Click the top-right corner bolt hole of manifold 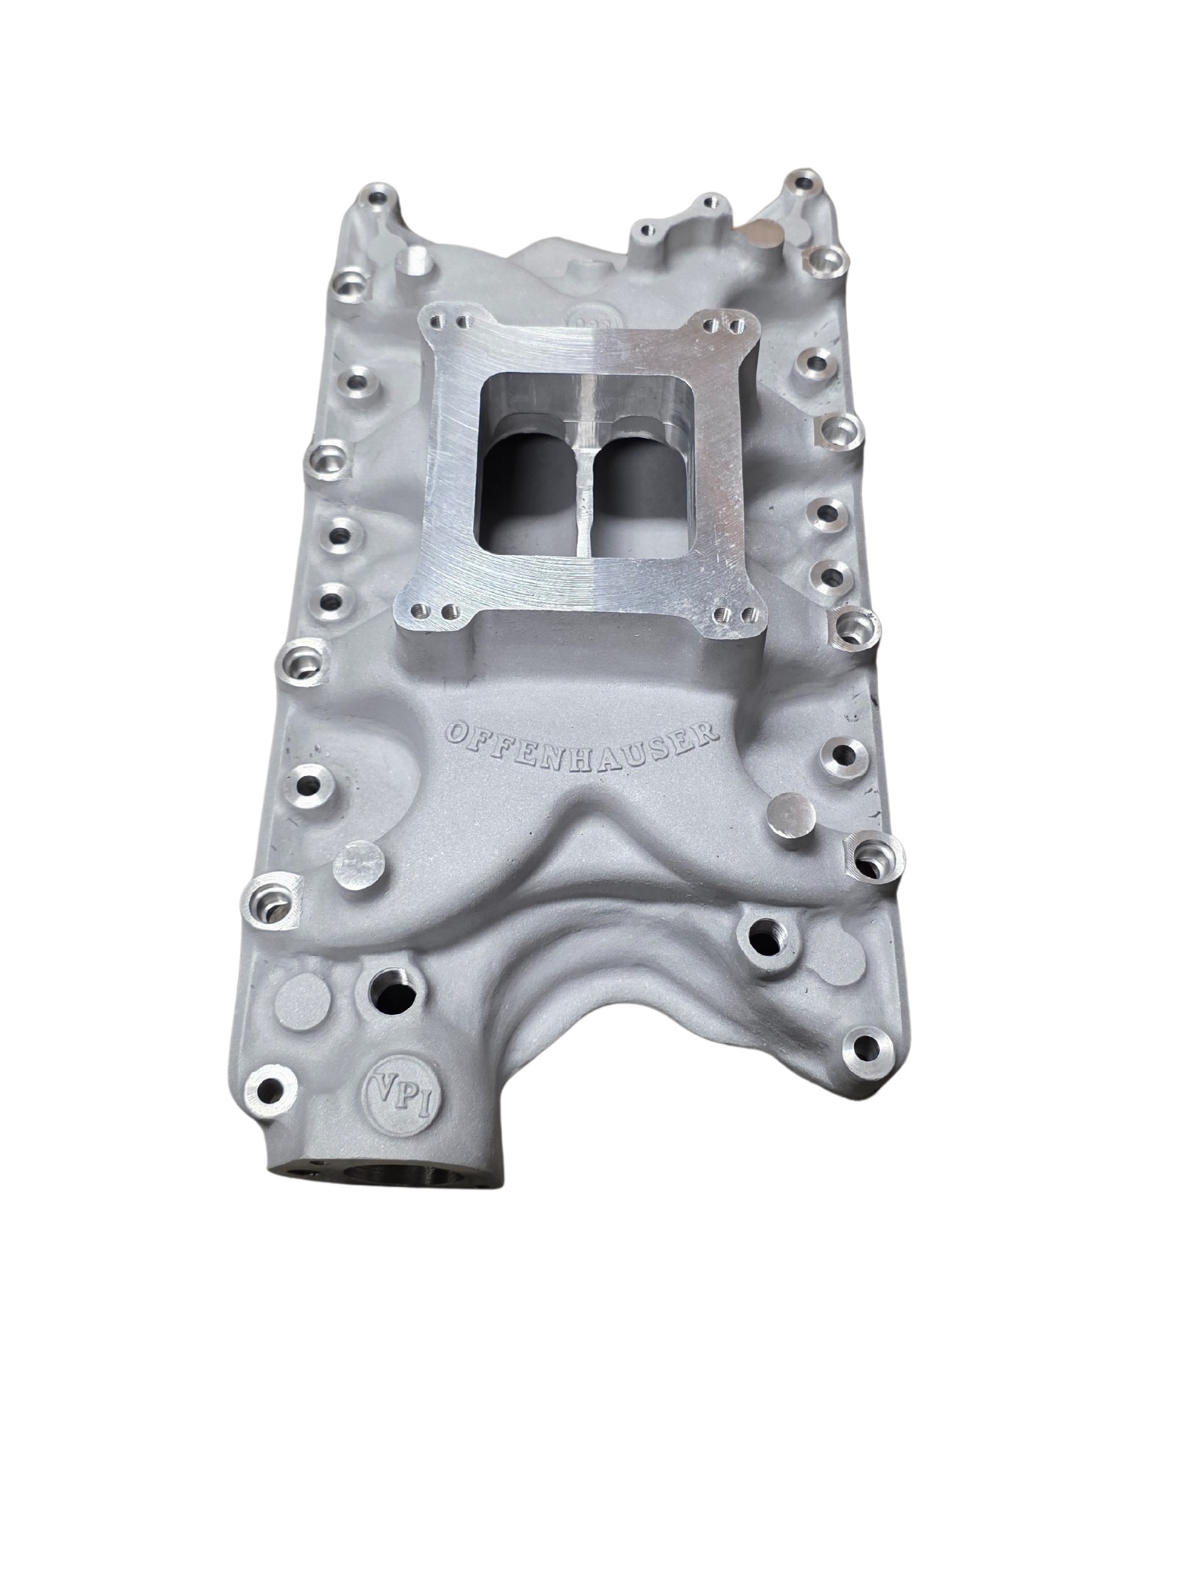(805, 186)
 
